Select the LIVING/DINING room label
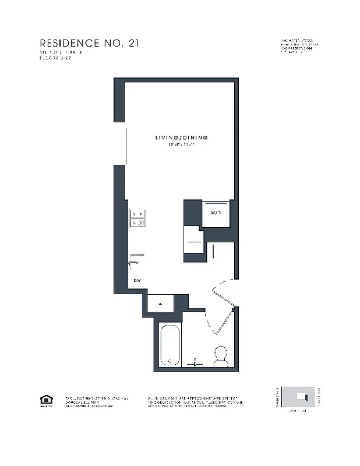coord(181,137)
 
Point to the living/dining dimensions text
coord(181,144)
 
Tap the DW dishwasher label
coord(137,281)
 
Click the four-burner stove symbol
coord(137,218)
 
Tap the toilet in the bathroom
coord(221,355)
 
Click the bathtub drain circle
coord(170,359)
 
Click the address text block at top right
coord(300,47)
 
